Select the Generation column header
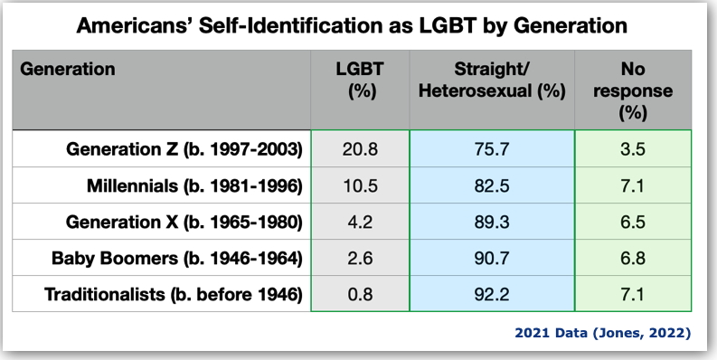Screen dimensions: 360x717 pyautogui.click(x=68, y=69)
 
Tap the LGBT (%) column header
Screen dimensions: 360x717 pyautogui.click(x=360, y=80)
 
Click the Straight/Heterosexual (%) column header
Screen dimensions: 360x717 pyautogui.click(x=492, y=80)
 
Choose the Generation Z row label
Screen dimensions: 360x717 pyautogui.click(x=184, y=149)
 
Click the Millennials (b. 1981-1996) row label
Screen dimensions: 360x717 pyautogui.click(x=193, y=186)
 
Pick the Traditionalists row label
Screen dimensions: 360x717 pyautogui.click(x=178, y=295)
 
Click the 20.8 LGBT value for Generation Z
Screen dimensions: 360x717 pyautogui.click(x=360, y=149)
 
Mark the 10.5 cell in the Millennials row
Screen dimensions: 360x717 pyautogui.click(x=360, y=186)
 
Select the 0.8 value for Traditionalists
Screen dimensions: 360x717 pyautogui.click(x=360, y=295)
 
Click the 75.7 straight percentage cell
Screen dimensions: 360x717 pyautogui.click(x=492, y=149)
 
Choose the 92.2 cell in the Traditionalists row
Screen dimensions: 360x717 pyautogui.click(x=492, y=295)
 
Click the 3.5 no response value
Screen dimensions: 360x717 pyautogui.click(x=634, y=149)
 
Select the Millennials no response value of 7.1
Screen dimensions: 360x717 pyautogui.click(x=634, y=186)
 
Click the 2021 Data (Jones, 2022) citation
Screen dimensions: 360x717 pyautogui.click(x=603, y=333)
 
